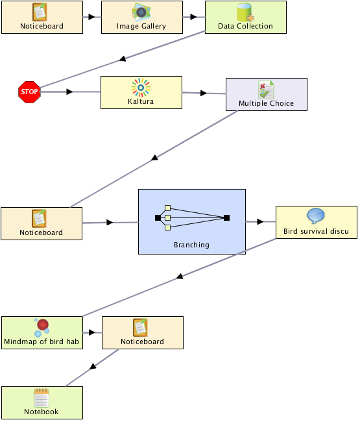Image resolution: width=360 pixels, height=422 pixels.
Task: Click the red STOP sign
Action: (x=29, y=92)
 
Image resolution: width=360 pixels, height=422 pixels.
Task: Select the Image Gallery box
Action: (x=142, y=18)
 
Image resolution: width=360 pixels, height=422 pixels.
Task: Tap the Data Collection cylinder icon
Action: (x=245, y=12)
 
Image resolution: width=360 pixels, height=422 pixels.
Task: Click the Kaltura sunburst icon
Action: (x=141, y=88)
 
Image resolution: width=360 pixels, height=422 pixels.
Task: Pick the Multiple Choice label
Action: (x=266, y=104)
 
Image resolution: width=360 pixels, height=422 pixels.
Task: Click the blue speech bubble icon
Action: (x=316, y=216)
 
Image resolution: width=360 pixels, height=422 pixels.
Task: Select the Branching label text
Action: (x=191, y=245)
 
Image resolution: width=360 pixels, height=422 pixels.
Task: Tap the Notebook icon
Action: (x=42, y=398)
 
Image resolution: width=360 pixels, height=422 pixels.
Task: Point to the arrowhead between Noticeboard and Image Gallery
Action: (x=91, y=17)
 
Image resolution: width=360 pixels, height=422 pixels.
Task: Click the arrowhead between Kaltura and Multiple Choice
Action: (x=204, y=93)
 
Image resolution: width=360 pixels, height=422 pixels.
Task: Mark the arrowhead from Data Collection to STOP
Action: (x=123, y=58)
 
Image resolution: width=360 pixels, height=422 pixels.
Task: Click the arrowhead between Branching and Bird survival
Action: (x=260, y=222)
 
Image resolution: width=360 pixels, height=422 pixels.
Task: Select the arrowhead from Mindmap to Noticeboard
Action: (x=92, y=332)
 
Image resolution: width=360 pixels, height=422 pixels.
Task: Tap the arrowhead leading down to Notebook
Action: (x=93, y=366)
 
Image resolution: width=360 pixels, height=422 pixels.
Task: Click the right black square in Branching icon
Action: (x=226, y=217)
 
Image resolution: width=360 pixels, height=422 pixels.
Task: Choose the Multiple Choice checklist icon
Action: (x=266, y=90)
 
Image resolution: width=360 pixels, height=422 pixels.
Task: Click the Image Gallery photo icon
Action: (x=141, y=12)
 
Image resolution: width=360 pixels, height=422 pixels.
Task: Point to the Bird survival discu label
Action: (x=316, y=231)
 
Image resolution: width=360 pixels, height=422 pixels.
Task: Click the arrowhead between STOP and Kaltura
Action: (x=69, y=92)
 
